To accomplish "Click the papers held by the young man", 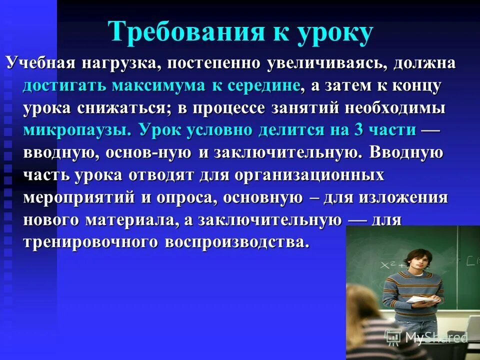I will point(423,300).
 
